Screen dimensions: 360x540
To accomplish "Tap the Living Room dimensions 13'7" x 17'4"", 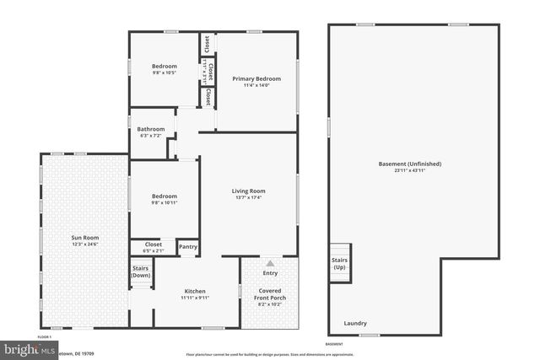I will [248, 198].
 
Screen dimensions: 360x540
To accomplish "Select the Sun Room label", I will [84, 238].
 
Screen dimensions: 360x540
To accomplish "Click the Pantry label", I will [187, 248].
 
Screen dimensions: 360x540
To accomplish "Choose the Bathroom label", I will [151, 129].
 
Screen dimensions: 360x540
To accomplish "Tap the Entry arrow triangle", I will [270, 263].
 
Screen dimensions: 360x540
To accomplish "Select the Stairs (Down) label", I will [141, 271].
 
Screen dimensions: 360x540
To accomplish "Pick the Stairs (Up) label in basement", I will [339, 264].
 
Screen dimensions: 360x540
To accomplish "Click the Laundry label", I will [355, 324].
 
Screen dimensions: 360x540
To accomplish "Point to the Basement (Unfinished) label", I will [411, 164].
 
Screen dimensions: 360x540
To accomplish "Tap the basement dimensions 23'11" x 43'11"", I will [411, 170].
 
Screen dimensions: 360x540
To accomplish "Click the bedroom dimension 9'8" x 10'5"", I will [165, 73].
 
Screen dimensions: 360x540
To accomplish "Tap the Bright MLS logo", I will [25, 348].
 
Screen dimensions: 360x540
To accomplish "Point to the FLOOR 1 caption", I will [45, 336].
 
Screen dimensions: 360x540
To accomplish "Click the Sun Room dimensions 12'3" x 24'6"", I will [84, 244].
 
